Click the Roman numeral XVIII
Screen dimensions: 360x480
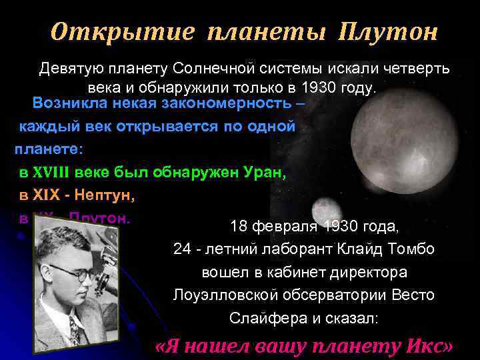click(53, 173)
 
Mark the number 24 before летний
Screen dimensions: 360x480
click(182, 249)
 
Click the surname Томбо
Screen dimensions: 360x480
click(416, 249)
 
